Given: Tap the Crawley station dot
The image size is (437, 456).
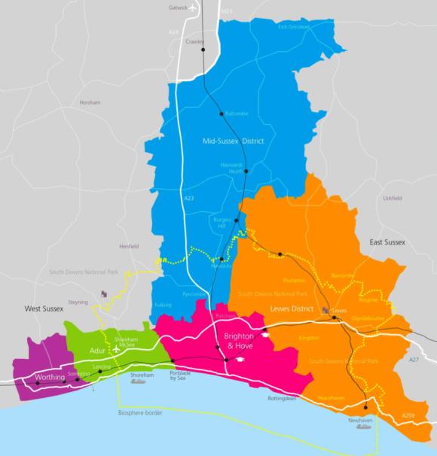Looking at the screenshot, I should tap(203, 50).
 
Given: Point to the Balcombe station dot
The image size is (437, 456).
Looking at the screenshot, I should tap(222, 114).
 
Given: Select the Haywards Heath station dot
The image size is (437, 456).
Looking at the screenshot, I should tap(246, 171).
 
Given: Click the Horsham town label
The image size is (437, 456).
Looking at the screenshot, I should tap(90, 102).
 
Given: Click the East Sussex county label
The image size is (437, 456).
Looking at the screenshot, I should tap(387, 242).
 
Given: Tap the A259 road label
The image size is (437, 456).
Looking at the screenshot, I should tap(408, 415).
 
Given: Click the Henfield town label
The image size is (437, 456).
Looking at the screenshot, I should tap(130, 247).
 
